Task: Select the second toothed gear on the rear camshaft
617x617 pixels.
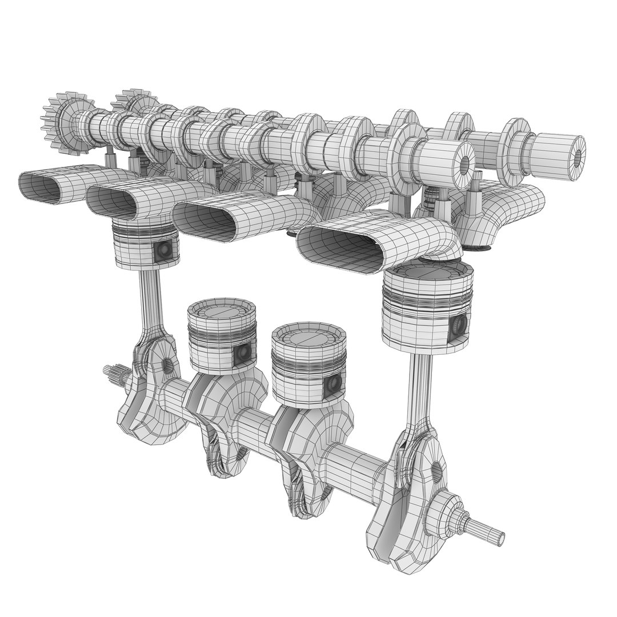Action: tap(133, 103)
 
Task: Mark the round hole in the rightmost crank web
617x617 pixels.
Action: tap(436, 470)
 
